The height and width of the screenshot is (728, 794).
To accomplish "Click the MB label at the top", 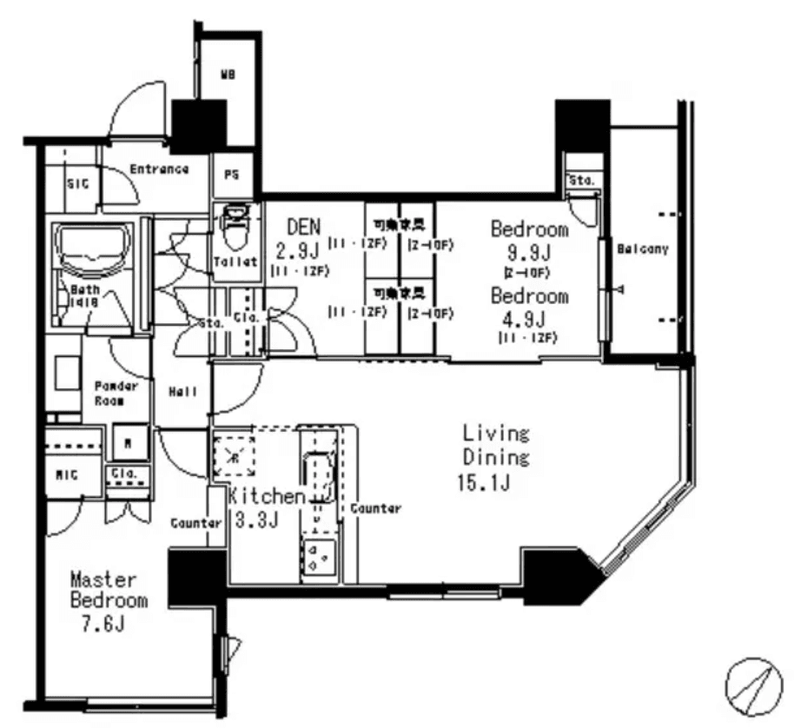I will click(228, 76).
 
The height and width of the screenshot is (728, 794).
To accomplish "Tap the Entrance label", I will click(159, 169).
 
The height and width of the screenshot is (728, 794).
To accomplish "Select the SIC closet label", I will click(76, 183).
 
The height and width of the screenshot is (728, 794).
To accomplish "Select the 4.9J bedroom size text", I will click(530, 317).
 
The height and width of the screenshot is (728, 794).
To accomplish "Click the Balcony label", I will click(643, 249).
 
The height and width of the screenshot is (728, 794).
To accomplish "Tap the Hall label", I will click(182, 392).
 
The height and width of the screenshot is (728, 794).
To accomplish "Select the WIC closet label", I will click(68, 475).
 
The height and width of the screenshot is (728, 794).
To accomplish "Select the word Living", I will click(496, 433).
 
